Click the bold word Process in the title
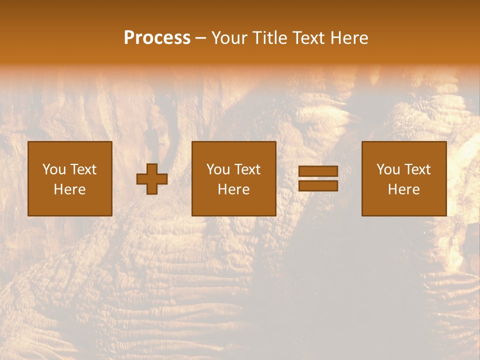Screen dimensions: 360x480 157,38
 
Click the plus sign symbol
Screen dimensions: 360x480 152,179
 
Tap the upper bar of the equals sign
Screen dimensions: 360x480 318,171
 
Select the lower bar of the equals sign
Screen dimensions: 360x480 318,186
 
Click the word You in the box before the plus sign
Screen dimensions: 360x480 54,169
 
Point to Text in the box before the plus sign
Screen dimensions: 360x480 82,169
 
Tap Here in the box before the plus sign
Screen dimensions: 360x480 69,189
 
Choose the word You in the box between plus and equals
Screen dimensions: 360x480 218,169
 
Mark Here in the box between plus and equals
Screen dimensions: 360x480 233,189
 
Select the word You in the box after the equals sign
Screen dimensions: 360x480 388,169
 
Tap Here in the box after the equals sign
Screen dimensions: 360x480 403,189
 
